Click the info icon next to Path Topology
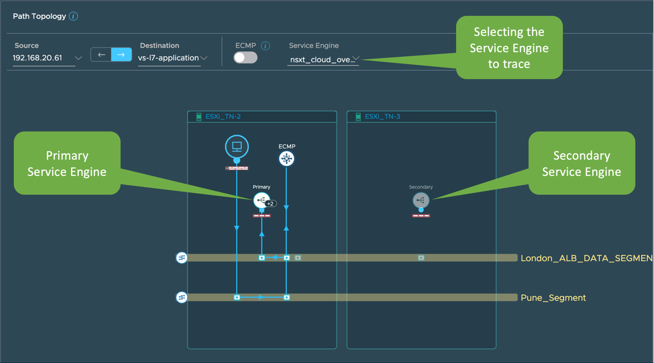pyautogui.click(x=73, y=17)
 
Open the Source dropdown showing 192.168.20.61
pyautogui.click(x=47, y=58)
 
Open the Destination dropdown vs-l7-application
pyautogui.click(x=172, y=58)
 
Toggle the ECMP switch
pyautogui.click(x=245, y=57)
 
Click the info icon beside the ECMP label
pyautogui.click(x=265, y=46)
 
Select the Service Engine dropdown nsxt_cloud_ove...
pyautogui.click(x=324, y=60)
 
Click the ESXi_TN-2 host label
pyautogui.click(x=223, y=117)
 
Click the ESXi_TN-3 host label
pyautogui.click(x=382, y=117)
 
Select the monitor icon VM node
pyautogui.click(x=237, y=146)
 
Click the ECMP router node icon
pyautogui.click(x=286, y=159)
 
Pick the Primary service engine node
pyautogui.click(x=261, y=200)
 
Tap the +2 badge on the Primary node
pyautogui.click(x=271, y=204)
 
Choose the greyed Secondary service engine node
pyautogui.click(x=421, y=200)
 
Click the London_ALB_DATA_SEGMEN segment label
pyautogui.click(x=587, y=258)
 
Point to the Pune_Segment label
pyautogui.click(x=553, y=298)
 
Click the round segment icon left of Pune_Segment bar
pyautogui.click(x=182, y=297)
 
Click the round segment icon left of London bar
pyautogui.click(x=182, y=258)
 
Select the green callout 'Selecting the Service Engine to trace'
pyautogui.click(x=509, y=47)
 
